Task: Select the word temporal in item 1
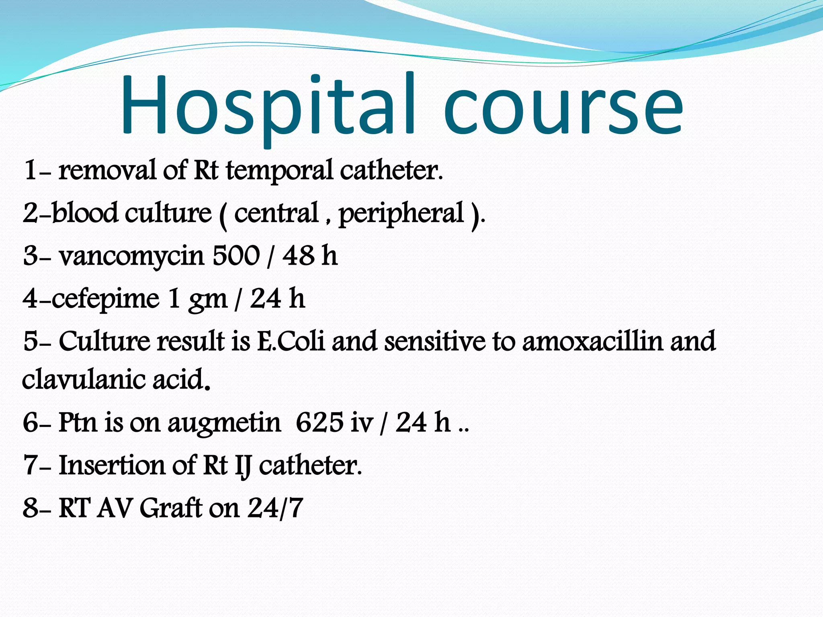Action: [x=279, y=171]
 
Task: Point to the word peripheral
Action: [x=401, y=214]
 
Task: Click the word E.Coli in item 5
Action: [x=290, y=342]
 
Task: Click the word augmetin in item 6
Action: [x=224, y=424]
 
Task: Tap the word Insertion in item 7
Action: [x=111, y=466]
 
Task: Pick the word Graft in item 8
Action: [x=171, y=508]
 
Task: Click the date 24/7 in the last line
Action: [x=275, y=508]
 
